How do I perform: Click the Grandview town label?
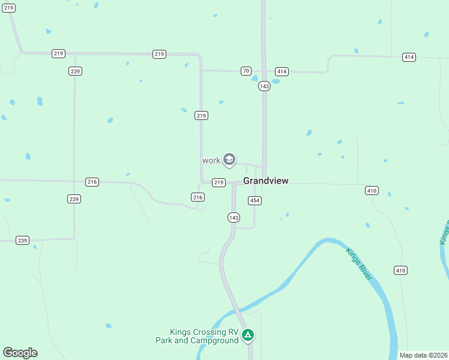[266, 181]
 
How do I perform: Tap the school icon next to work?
[229, 160]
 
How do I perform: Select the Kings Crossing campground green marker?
[248, 335]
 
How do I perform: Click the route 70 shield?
[246, 71]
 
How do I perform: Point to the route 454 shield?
[255, 200]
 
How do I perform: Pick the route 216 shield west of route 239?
[92, 181]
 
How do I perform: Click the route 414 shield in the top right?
[409, 57]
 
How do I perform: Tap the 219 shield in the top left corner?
[9, 8]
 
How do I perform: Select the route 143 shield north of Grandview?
[265, 86]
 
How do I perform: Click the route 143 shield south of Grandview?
[234, 217]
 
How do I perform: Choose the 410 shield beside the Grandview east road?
[372, 190]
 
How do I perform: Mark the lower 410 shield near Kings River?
[400, 271]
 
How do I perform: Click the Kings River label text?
[359, 263]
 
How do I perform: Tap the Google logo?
[20, 353]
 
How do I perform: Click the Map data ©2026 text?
[423, 355]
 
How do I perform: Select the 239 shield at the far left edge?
[22, 240]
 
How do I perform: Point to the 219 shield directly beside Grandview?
[218, 182]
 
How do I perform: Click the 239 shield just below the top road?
[75, 71]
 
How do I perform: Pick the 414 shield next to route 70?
[282, 71]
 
